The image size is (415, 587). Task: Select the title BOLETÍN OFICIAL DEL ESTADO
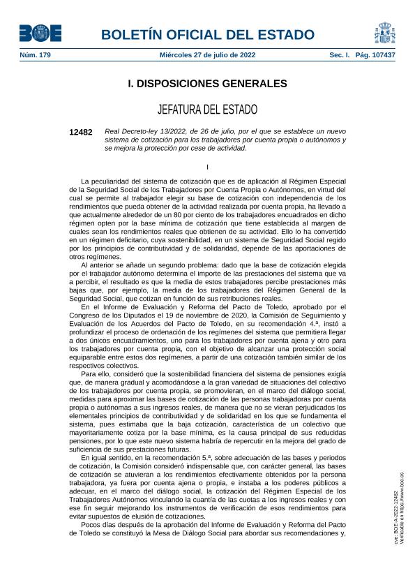(x=208, y=34)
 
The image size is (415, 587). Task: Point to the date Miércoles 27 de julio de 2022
(x=208, y=54)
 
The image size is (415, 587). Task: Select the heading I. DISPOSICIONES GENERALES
(x=207, y=84)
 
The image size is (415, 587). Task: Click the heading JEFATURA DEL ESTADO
(x=207, y=110)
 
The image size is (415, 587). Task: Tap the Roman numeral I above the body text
(x=207, y=166)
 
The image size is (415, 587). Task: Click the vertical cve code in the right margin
(x=396, y=517)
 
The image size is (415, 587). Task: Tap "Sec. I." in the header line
(x=340, y=54)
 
